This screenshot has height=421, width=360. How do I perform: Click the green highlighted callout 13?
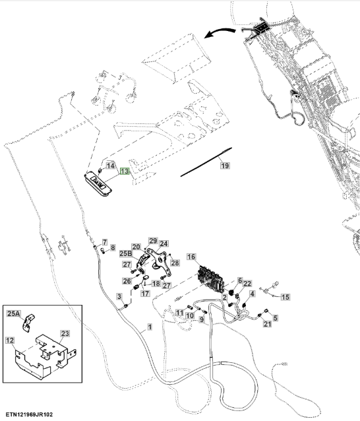[x=125, y=171]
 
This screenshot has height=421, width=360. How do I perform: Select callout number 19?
[x=225, y=166]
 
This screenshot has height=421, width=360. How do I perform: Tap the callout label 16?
[x=191, y=257]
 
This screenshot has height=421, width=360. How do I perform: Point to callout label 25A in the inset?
[x=13, y=313]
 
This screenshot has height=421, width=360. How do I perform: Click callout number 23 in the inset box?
[x=65, y=333]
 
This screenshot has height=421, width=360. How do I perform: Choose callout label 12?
[x=10, y=340]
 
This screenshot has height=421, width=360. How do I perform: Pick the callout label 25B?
[x=126, y=253]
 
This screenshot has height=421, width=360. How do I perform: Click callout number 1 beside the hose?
[x=150, y=327]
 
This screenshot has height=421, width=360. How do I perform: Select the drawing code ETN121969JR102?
[x=29, y=414]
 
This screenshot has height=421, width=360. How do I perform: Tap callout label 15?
[x=285, y=297]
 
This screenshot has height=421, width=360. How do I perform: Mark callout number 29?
[x=153, y=241]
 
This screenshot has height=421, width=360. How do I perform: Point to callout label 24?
[x=164, y=243]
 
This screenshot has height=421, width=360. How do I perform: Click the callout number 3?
[x=119, y=297]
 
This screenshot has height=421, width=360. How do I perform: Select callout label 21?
[x=267, y=324]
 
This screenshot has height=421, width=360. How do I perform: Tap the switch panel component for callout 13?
[x=98, y=185]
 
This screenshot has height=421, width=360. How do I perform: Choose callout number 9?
[x=202, y=320]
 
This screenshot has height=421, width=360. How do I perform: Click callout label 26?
[x=127, y=281]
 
